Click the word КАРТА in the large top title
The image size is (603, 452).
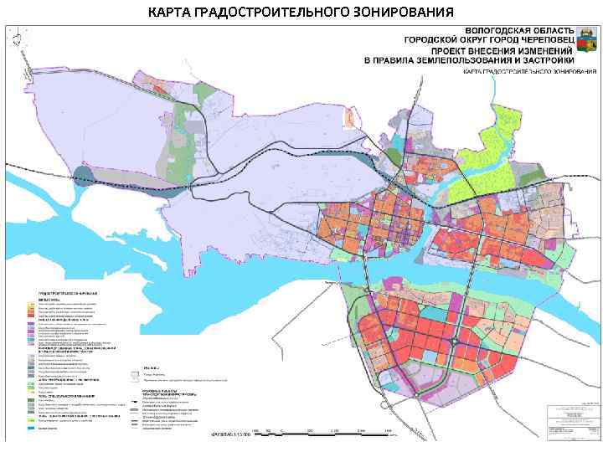[172, 12]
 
